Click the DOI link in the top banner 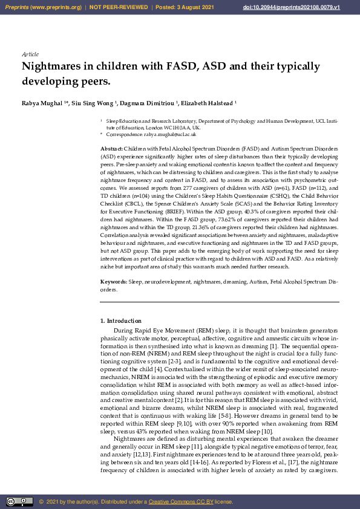pyautogui.click(x=309, y=7)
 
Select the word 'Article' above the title pyautogui.click(x=30, y=54)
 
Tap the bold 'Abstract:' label pyautogui.click(x=112, y=148)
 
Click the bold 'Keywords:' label pyautogui.click(x=114, y=282)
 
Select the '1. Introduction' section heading pyautogui.click(x=120, y=320)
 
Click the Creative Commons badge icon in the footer pyautogui.click(x=19, y=501)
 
